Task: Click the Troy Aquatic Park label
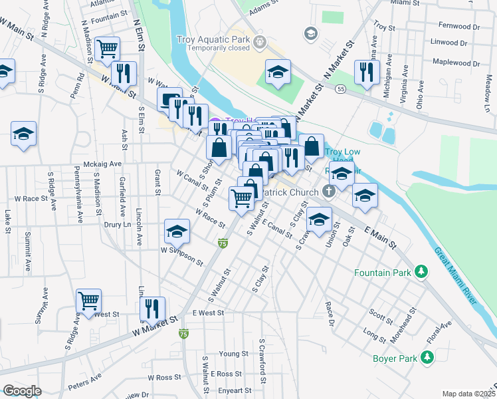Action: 213,40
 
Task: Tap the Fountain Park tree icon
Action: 420,272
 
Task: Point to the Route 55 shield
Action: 341,88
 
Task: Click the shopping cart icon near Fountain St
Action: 106,49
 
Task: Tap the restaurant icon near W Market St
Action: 152,309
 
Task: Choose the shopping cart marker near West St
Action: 88,300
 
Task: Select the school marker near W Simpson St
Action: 177,231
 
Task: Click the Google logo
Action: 23,390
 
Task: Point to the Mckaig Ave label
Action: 102,164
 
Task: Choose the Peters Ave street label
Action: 84,381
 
